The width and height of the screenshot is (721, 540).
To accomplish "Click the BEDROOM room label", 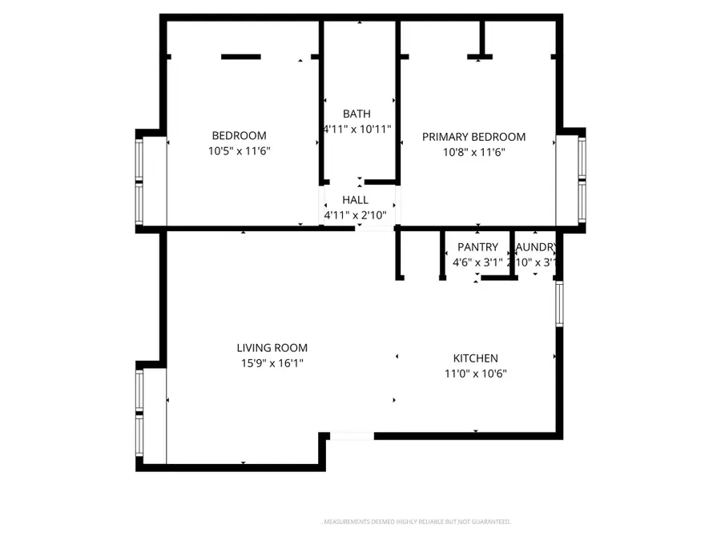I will [239, 136].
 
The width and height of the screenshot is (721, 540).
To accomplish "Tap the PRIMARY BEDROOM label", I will [473, 137].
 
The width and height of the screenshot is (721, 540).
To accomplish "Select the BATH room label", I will [356, 114].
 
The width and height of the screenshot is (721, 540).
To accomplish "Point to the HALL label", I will [355, 200].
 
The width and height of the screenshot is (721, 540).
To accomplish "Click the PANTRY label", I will [477, 247].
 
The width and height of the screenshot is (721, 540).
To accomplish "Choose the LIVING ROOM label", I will [272, 348].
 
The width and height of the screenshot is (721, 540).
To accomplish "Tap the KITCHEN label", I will [476, 358].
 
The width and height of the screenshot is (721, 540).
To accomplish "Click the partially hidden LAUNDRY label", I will [536, 247].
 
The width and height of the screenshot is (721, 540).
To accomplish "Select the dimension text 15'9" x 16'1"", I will [272, 363].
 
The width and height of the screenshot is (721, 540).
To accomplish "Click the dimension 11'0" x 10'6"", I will [476, 374].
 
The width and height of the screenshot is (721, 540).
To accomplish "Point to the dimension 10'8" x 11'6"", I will [473, 152].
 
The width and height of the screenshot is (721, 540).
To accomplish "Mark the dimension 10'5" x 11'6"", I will [239, 151].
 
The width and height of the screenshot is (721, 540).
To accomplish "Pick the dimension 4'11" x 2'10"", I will [355, 215].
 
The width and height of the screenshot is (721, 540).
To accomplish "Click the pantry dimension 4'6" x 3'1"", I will [477, 262].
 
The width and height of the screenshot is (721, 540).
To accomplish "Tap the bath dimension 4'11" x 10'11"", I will [356, 129].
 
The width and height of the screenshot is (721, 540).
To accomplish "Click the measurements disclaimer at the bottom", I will [416, 522].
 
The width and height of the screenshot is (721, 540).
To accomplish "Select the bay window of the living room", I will [140, 416].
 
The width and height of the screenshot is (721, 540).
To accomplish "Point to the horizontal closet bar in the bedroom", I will [240, 57].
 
